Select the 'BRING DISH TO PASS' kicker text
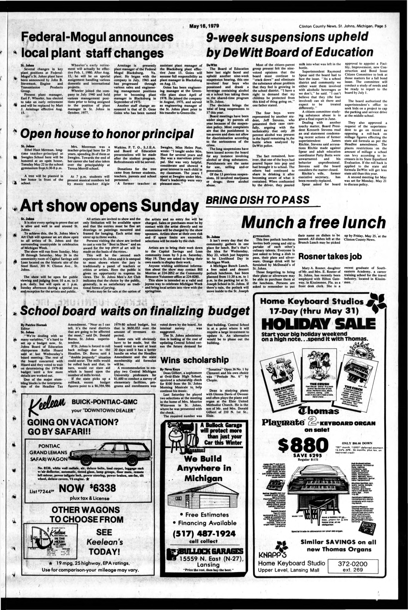(x=258, y=200)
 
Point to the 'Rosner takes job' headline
(x=330, y=257)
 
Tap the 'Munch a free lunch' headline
(x=313, y=223)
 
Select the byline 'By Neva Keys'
(x=170, y=369)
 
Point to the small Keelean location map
(x=51, y=536)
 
